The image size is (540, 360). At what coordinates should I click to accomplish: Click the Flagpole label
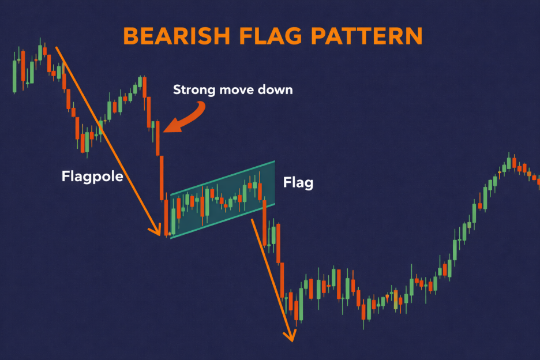point(92,177)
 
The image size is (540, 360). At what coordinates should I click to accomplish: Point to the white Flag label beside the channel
point(298,183)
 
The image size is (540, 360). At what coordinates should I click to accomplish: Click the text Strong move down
point(233,90)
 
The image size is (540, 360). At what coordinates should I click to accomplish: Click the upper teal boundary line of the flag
point(222,177)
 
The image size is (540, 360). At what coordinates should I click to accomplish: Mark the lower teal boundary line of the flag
point(222,220)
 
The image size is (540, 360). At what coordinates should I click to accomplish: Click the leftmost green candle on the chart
point(14,75)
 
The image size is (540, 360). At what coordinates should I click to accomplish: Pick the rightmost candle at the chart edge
point(538,181)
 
